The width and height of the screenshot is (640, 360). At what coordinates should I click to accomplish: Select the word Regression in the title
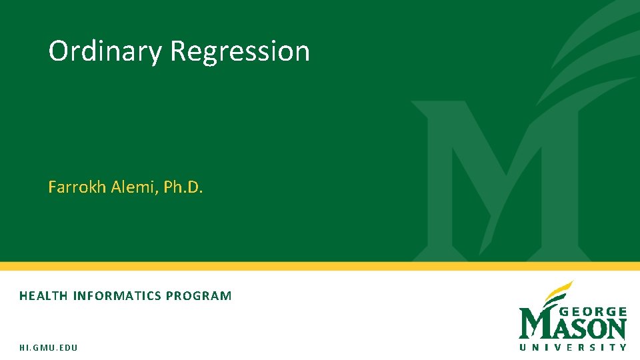tap(240, 51)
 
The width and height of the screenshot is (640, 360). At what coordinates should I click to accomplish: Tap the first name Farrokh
tap(77, 187)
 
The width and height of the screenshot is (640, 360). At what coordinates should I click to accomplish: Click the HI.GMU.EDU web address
tap(48, 348)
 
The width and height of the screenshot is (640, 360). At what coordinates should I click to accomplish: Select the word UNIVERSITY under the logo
tap(573, 347)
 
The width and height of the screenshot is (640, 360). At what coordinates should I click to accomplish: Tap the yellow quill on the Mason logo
tap(559, 292)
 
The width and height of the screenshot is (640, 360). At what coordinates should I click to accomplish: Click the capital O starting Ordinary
tap(59, 51)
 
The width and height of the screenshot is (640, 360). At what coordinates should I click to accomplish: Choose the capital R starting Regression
tap(179, 51)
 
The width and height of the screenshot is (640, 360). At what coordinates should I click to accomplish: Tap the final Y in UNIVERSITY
tap(623, 347)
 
